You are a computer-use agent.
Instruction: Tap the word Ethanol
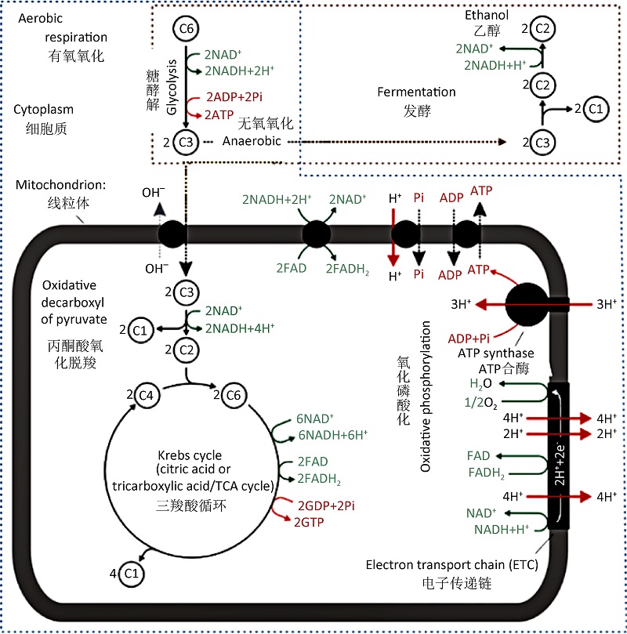coord(487,15)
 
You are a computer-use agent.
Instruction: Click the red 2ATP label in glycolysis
coord(219,114)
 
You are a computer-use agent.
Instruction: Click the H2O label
coord(481,384)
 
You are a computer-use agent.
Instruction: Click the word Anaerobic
coord(251,142)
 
